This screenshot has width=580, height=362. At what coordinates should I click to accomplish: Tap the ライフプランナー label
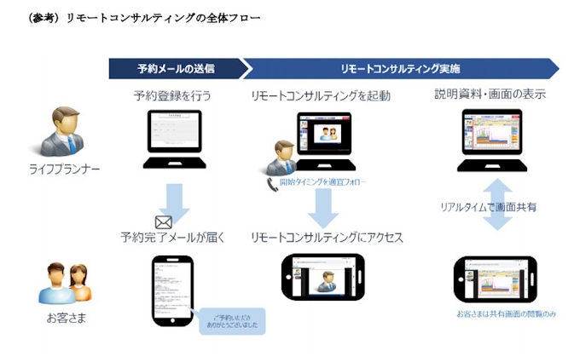[x=65, y=169]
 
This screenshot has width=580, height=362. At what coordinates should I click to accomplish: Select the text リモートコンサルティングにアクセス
[x=327, y=238]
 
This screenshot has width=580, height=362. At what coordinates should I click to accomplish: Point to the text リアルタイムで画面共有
[x=488, y=207]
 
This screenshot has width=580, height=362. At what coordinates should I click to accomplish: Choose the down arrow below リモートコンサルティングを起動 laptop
[x=323, y=207]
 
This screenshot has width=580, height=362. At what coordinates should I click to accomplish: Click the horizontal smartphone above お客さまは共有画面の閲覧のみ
[x=495, y=279]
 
